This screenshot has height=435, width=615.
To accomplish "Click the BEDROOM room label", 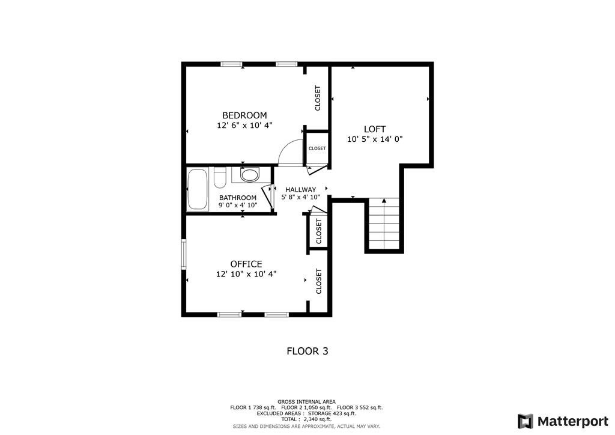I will pos(244,115).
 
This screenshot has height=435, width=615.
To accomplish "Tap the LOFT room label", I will pos(375,129).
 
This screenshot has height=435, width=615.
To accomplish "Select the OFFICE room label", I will pos(246,264).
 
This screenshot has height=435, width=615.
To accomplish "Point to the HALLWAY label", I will pos(300,190).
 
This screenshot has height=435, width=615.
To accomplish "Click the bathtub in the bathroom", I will pos(197,189).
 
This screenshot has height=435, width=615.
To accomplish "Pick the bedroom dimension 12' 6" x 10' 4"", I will pos(244,126).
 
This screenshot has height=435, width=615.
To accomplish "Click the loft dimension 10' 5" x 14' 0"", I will pos(375,139).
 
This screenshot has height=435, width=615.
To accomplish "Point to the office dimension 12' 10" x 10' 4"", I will pos(246,274).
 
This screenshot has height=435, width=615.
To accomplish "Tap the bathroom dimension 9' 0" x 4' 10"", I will pos(238,205).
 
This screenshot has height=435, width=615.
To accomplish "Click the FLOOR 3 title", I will pos(307,351).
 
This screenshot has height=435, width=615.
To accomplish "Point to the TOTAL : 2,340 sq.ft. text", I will pos(306,419).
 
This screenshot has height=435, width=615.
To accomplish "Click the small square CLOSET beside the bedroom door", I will pos(317,148).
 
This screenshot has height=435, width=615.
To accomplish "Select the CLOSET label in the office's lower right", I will pos(319,281).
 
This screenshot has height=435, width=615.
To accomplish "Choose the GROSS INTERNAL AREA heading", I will pos(306,401).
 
